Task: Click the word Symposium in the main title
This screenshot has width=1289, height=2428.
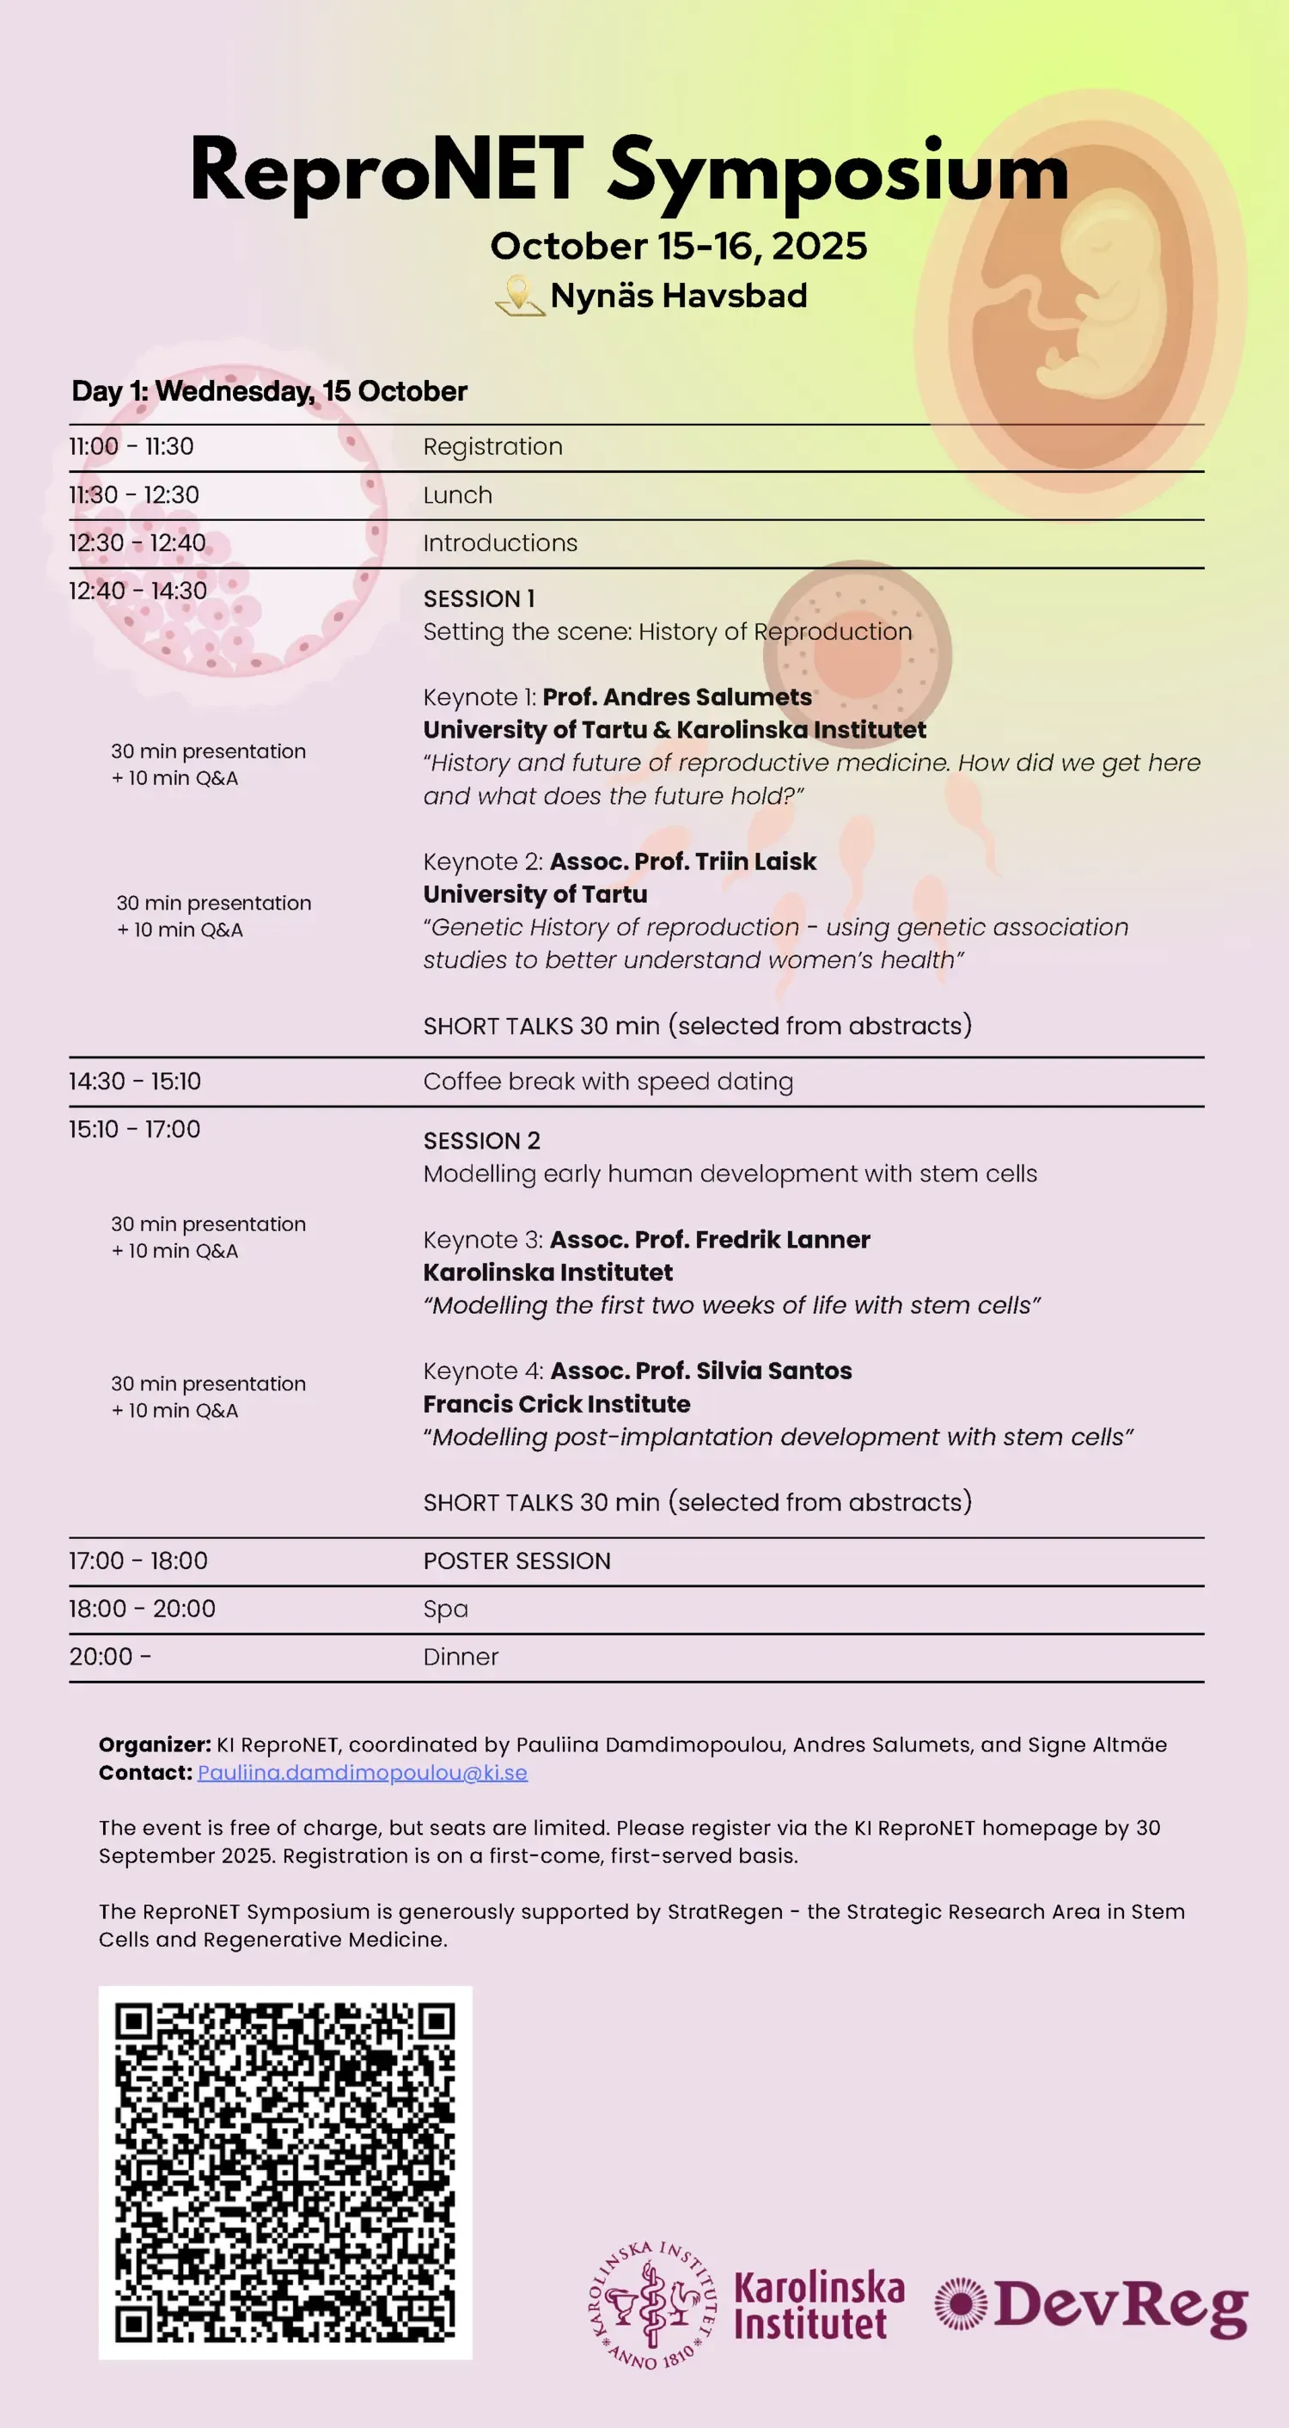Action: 838,172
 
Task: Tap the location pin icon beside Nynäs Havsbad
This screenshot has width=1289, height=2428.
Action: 519,295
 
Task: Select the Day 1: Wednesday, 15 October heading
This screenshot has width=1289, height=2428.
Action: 270,391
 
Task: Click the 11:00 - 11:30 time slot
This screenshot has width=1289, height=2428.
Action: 131,447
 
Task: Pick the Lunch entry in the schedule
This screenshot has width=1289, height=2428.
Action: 457,495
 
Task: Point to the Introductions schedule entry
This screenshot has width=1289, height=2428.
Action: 499,543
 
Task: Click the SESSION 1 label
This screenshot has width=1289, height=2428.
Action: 479,598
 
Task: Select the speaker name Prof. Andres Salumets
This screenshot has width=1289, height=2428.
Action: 676,697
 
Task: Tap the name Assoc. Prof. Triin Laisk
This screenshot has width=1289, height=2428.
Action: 682,861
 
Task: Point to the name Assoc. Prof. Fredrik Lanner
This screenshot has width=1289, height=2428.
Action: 710,1240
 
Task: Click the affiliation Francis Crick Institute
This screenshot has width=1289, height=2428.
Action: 556,1403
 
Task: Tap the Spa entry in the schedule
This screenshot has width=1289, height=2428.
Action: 446,1609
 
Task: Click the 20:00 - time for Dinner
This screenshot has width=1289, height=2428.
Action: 109,1657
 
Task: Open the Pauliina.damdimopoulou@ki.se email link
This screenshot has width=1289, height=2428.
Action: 362,1772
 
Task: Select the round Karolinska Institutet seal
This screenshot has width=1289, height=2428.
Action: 652,2304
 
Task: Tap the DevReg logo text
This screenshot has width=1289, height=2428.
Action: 1121,2305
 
